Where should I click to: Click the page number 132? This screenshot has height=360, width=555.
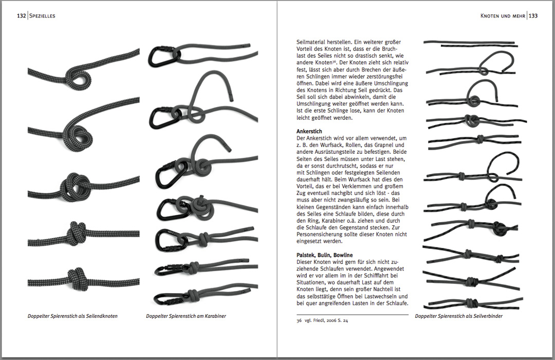[x=21, y=16]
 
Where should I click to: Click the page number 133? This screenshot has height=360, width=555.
[x=533, y=16]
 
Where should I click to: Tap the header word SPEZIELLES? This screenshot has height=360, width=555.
[x=42, y=16]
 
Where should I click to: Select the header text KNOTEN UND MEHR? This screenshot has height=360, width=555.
[x=502, y=16]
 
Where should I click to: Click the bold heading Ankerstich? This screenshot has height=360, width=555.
[x=310, y=132]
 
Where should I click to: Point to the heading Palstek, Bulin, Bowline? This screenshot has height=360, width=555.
[x=324, y=255]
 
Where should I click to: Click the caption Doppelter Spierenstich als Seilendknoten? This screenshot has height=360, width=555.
[x=72, y=316]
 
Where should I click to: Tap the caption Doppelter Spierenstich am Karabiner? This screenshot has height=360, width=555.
[x=186, y=316]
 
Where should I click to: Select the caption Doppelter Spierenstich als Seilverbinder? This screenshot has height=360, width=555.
[x=458, y=316]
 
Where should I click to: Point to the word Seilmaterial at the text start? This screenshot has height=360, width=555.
[x=313, y=42]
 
